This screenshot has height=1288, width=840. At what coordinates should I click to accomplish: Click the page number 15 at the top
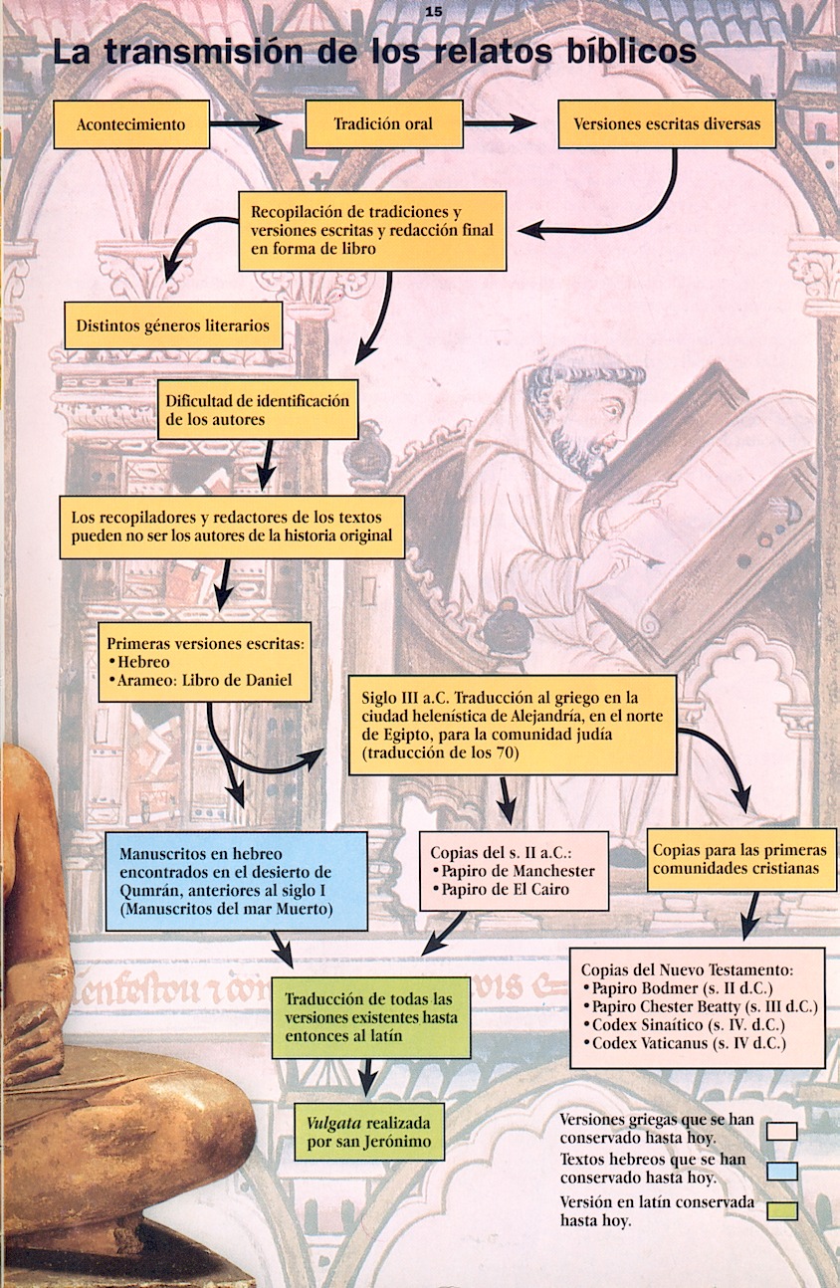pos(434,12)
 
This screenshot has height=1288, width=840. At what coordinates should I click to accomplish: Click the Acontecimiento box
pos(131,124)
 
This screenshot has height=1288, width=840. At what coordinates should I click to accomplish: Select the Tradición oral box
pos(383,123)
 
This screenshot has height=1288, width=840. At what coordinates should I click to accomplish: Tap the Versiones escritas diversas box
pos(667,123)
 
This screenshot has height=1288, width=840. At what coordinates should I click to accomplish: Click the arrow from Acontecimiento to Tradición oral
pos(246,123)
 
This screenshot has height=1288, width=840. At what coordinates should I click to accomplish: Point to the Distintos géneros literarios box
pos(173,325)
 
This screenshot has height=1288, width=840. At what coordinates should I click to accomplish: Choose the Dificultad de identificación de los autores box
pos(258,409)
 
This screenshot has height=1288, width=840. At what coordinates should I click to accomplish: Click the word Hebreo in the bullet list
pos(143,662)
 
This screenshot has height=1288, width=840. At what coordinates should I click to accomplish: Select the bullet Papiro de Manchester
pos(513,871)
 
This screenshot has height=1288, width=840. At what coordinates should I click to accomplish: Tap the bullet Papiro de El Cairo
pos(501,889)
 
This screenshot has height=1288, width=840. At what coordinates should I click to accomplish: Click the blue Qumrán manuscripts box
pos(236,881)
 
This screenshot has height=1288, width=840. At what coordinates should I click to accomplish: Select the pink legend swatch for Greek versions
pos(782,1131)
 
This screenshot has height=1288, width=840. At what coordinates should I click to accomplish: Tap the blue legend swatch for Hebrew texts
pos(782,1172)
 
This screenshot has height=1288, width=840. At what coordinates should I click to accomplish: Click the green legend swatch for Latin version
pos(782,1211)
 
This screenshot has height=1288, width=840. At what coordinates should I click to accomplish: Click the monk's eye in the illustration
pos(613,409)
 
